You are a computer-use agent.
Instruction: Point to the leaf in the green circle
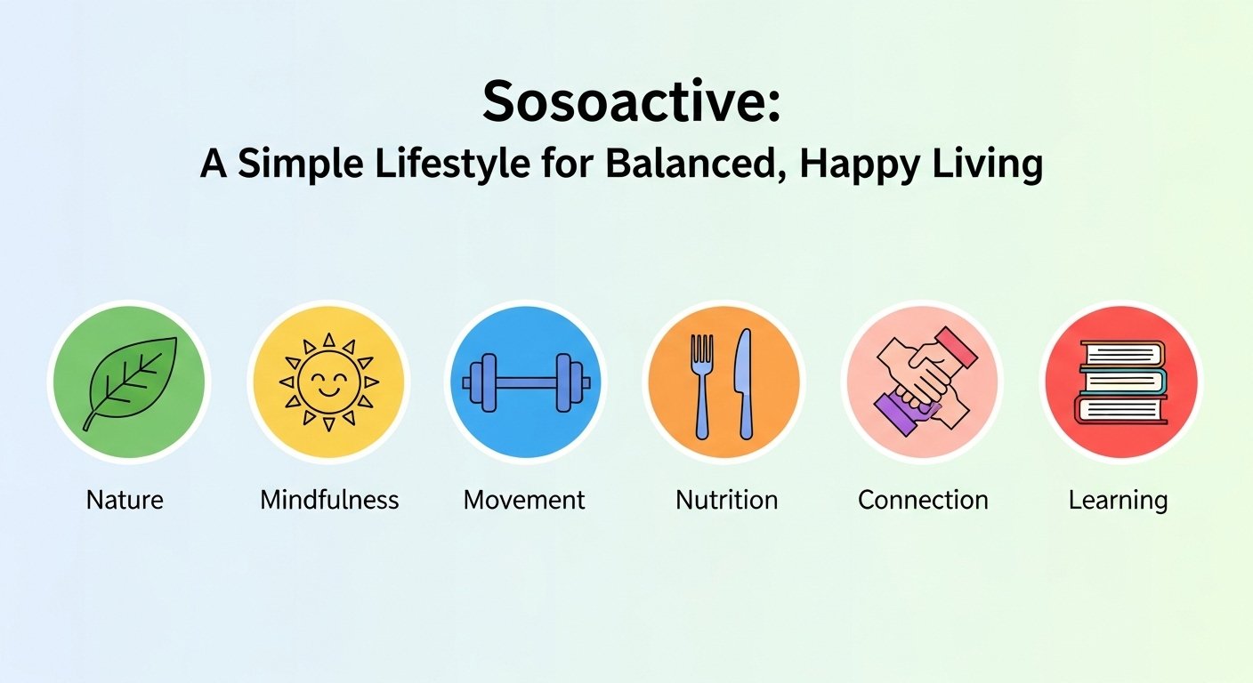point(129,382)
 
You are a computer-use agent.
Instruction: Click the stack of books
point(1121,382)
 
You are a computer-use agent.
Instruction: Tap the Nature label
point(125,500)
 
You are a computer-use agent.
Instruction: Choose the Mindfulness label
point(329,500)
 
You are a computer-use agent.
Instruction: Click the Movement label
point(524,500)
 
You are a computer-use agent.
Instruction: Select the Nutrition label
point(726,500)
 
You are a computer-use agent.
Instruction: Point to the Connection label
point(923,500)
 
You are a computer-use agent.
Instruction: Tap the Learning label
point(1118,500)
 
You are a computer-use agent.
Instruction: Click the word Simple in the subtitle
point(295,165)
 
